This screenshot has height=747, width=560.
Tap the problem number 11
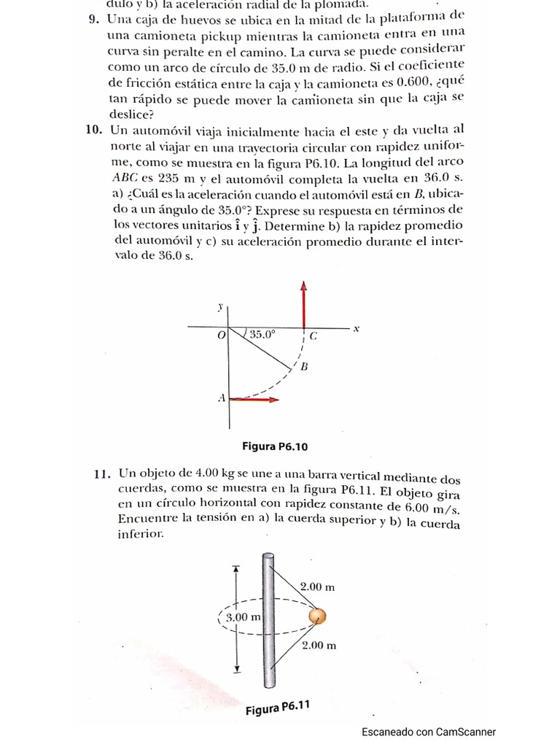click(101, 474)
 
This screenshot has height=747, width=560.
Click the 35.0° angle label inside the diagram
click(262, 335)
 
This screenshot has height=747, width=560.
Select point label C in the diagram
click(314, 337)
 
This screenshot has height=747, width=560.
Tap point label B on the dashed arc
click(304, 367)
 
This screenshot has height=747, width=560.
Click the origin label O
click(221, 336)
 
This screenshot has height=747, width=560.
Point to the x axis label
click(357, 328)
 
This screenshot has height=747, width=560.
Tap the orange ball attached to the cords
click(317, 616)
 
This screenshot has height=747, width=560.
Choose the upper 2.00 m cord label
click(318, 586)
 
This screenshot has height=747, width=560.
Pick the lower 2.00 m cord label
click(319, 645)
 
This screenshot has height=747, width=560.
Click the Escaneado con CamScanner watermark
click(429, 732)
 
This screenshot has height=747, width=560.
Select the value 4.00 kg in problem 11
click(195, 475)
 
